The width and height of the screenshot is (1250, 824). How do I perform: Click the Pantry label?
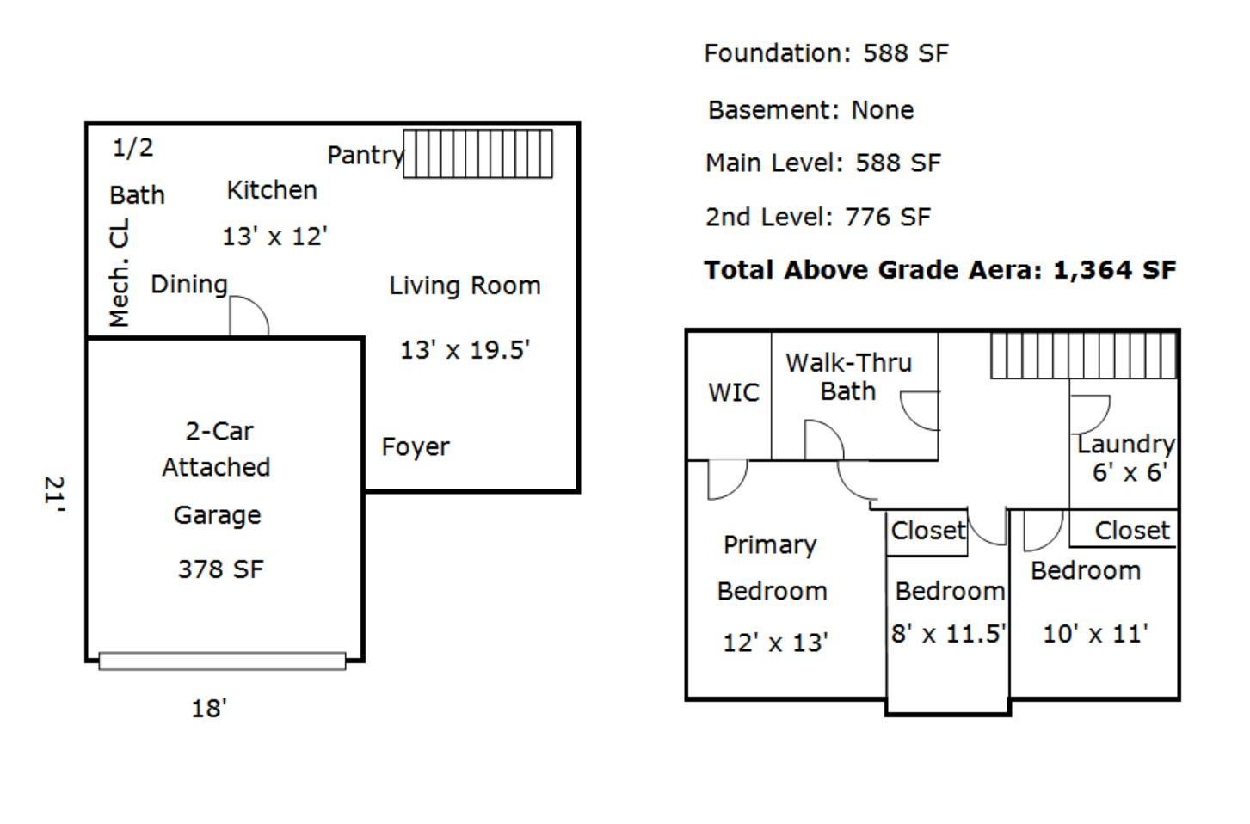(366, 155)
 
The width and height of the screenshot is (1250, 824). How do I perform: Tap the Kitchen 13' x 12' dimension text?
(274, 237)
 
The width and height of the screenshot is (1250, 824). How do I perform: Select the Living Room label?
(465, 286)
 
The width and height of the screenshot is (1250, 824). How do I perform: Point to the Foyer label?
(416, 446)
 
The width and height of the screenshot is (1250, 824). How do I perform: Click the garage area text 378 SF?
(220, 569)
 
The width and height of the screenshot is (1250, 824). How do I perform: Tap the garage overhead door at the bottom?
(222, 661)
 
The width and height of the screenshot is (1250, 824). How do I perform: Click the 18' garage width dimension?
(209, 709)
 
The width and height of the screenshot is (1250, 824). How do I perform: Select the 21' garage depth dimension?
(55, 494)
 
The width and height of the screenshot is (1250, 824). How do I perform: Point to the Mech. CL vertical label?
(119, 273)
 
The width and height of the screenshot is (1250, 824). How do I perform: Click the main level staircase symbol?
(477, 154)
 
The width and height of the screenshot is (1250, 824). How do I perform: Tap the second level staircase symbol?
(1084, 356)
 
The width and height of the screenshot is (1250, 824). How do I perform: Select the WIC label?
(734, 393)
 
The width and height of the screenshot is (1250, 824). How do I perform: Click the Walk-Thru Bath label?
(849, 377)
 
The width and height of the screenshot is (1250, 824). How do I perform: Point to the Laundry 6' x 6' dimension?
(1130, 472)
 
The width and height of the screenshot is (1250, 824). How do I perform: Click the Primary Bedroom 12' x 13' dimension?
(775, 643)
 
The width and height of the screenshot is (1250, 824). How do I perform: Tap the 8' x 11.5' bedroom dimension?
(948, 634)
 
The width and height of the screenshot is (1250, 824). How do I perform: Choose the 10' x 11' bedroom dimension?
(1095, 634)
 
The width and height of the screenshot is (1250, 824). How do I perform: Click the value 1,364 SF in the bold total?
(1114, 270)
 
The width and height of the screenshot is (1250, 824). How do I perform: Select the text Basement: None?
(811, 110)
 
